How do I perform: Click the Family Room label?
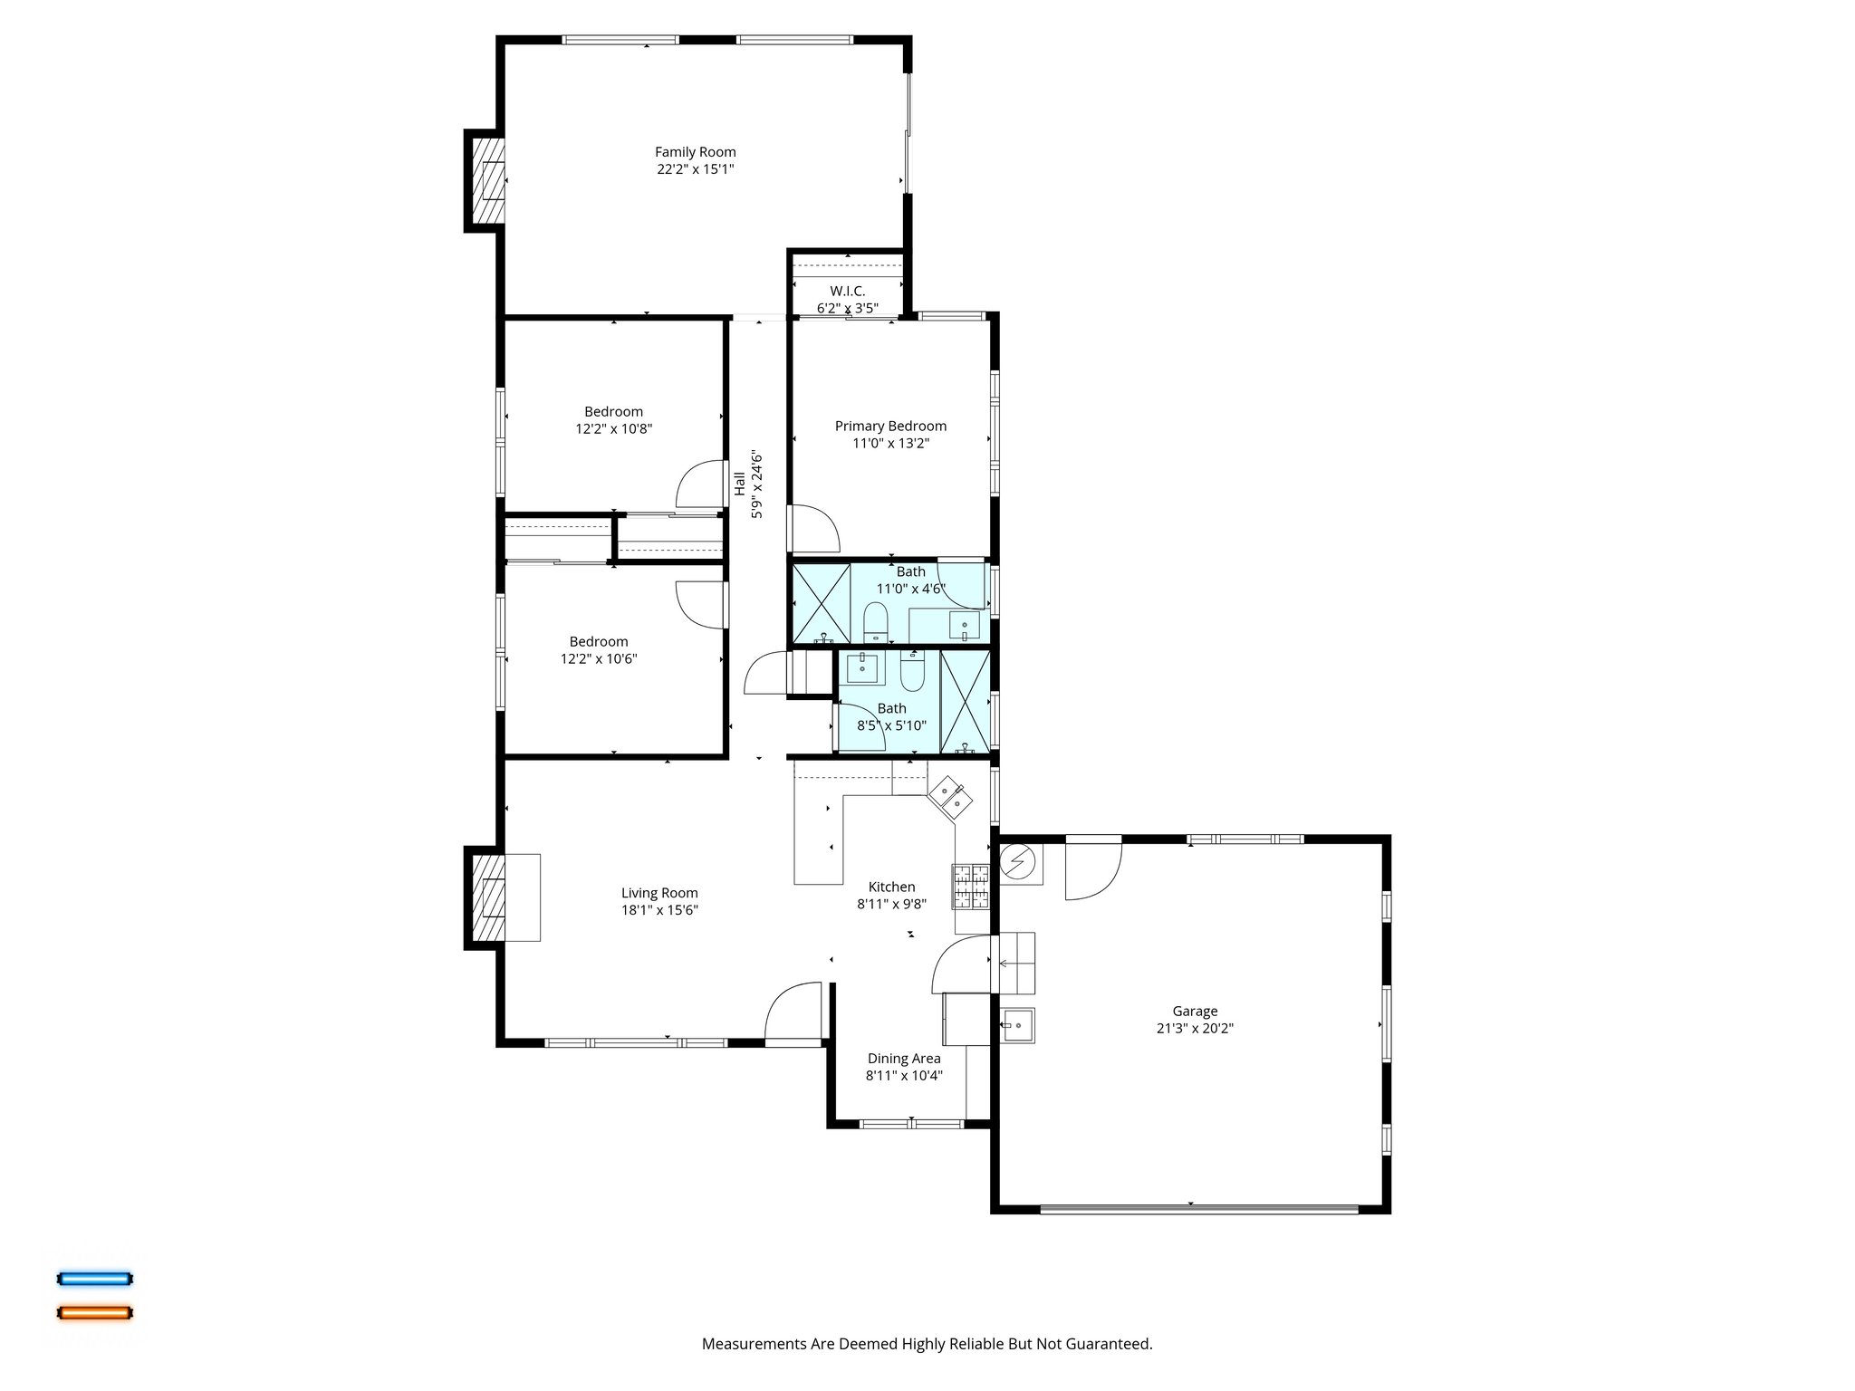pos(695,152)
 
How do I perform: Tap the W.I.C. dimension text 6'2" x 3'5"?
pos(847,308)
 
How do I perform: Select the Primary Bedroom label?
pos(890,426)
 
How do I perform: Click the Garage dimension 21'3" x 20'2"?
pos(1195,1028)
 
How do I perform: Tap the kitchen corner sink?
pos(950,798)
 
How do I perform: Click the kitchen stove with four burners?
pos(972,887)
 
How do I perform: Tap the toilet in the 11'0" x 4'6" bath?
pos(875,624)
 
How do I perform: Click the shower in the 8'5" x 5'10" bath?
pos(965,702)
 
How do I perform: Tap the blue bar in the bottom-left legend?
pos(95,1279)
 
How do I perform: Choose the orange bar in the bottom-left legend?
pos(95,1312)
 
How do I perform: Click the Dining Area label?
pos(903,1058)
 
